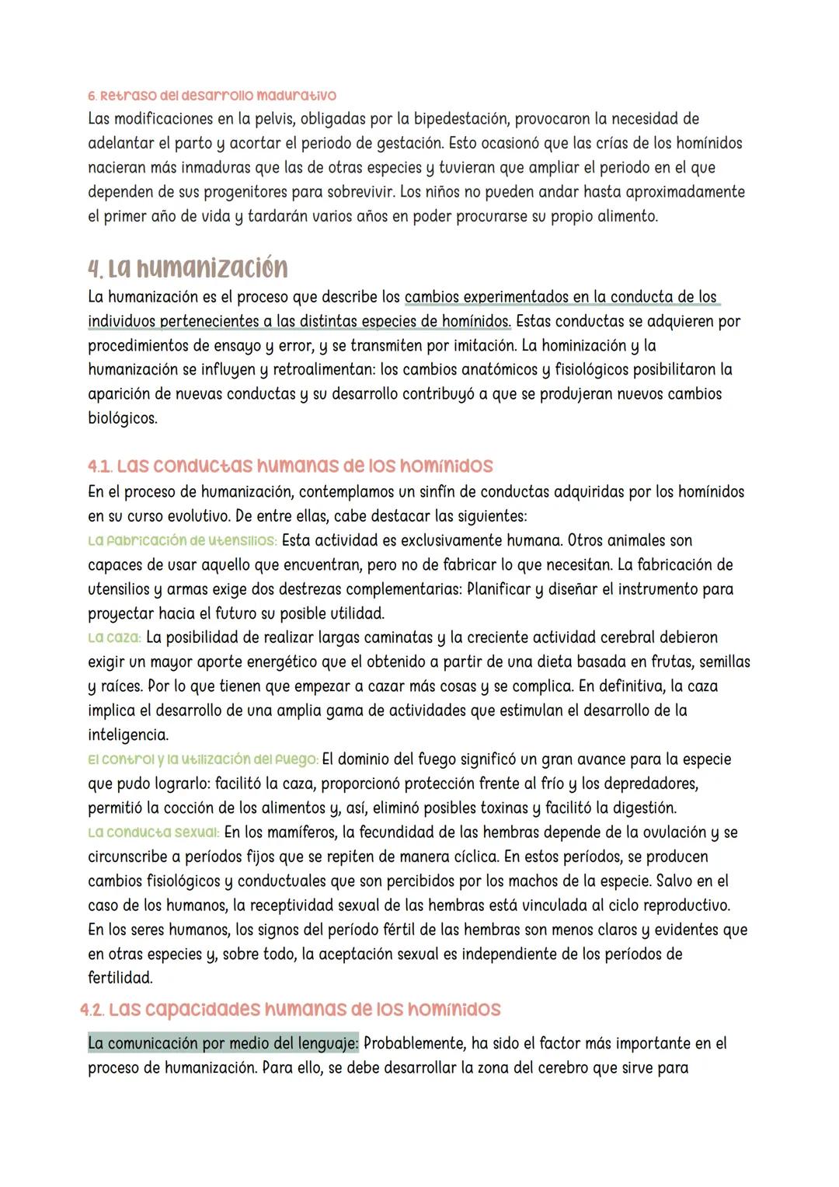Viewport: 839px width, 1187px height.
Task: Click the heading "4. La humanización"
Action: (x=187, y=268)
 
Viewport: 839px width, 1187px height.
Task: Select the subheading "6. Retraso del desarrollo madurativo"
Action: (x=211, y=96)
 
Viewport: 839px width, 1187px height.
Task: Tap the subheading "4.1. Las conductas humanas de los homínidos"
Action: (x=290, y=466)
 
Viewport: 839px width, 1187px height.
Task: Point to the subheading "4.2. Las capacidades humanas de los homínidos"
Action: (x=290, y=1009)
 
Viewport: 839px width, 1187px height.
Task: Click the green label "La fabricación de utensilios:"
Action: (x=182, y=540)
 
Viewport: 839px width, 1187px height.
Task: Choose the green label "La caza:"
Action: (x=113, y=637)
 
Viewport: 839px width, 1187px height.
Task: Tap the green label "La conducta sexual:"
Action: (x=154, y=832)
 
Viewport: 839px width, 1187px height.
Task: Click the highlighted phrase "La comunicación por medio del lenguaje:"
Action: (x=223, y=1043)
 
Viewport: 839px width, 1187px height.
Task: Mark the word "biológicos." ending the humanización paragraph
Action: (x=122, y=418)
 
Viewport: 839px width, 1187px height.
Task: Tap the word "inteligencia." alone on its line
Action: (x=127, y=735)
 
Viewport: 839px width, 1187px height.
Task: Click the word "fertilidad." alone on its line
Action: (x=120, y=977)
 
